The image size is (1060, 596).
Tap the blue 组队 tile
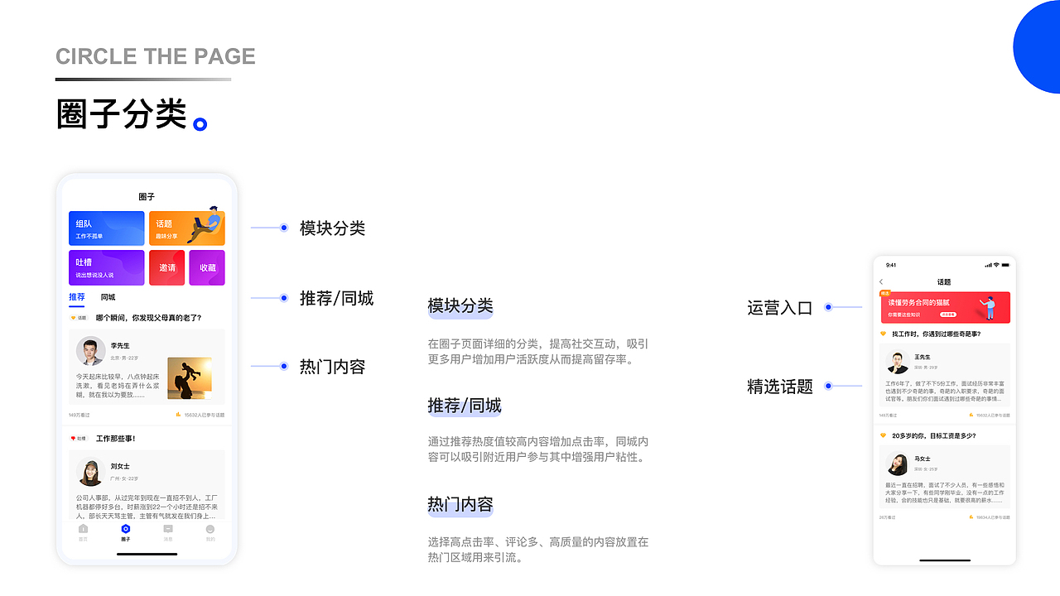[x=106, y=228]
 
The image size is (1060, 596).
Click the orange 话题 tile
[x=186, y=228]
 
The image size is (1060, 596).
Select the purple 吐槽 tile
[x=106, y=267]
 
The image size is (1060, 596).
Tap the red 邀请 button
[x=167, y=267]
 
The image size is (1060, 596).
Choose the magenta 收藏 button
[x=207, y=267]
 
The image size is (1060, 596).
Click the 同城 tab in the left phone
[x=108, y=297]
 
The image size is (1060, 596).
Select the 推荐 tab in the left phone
[x=77, y=297]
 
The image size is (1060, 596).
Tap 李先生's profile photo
[x=90, y=351]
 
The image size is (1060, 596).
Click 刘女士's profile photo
[x=90, y=472]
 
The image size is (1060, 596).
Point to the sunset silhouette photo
[x=190, y=378]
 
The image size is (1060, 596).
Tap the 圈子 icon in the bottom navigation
[x=125, y=531]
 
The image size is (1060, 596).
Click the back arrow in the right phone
[x=881, y=282]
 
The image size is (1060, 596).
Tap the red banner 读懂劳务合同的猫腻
[x=945, y=307]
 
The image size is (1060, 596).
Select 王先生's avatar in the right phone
[x=899, y=362]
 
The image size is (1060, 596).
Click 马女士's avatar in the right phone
[x=899, y=464]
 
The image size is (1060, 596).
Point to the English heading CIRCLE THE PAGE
[x=156, y=57]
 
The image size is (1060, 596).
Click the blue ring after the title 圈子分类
[x=200, y=125]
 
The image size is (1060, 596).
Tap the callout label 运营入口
[x=780, y=308]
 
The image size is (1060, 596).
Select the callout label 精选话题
[x=780, y=387]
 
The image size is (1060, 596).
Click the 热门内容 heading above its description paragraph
[x=460, y=504]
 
